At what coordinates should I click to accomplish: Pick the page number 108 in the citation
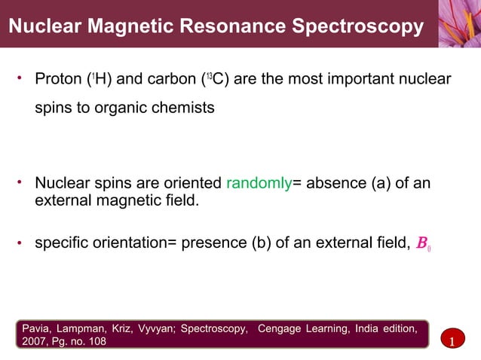click(x=96, y=343)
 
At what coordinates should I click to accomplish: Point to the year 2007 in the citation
click(x=35, y=343)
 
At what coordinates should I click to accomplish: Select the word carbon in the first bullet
click(x=173, y=79)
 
